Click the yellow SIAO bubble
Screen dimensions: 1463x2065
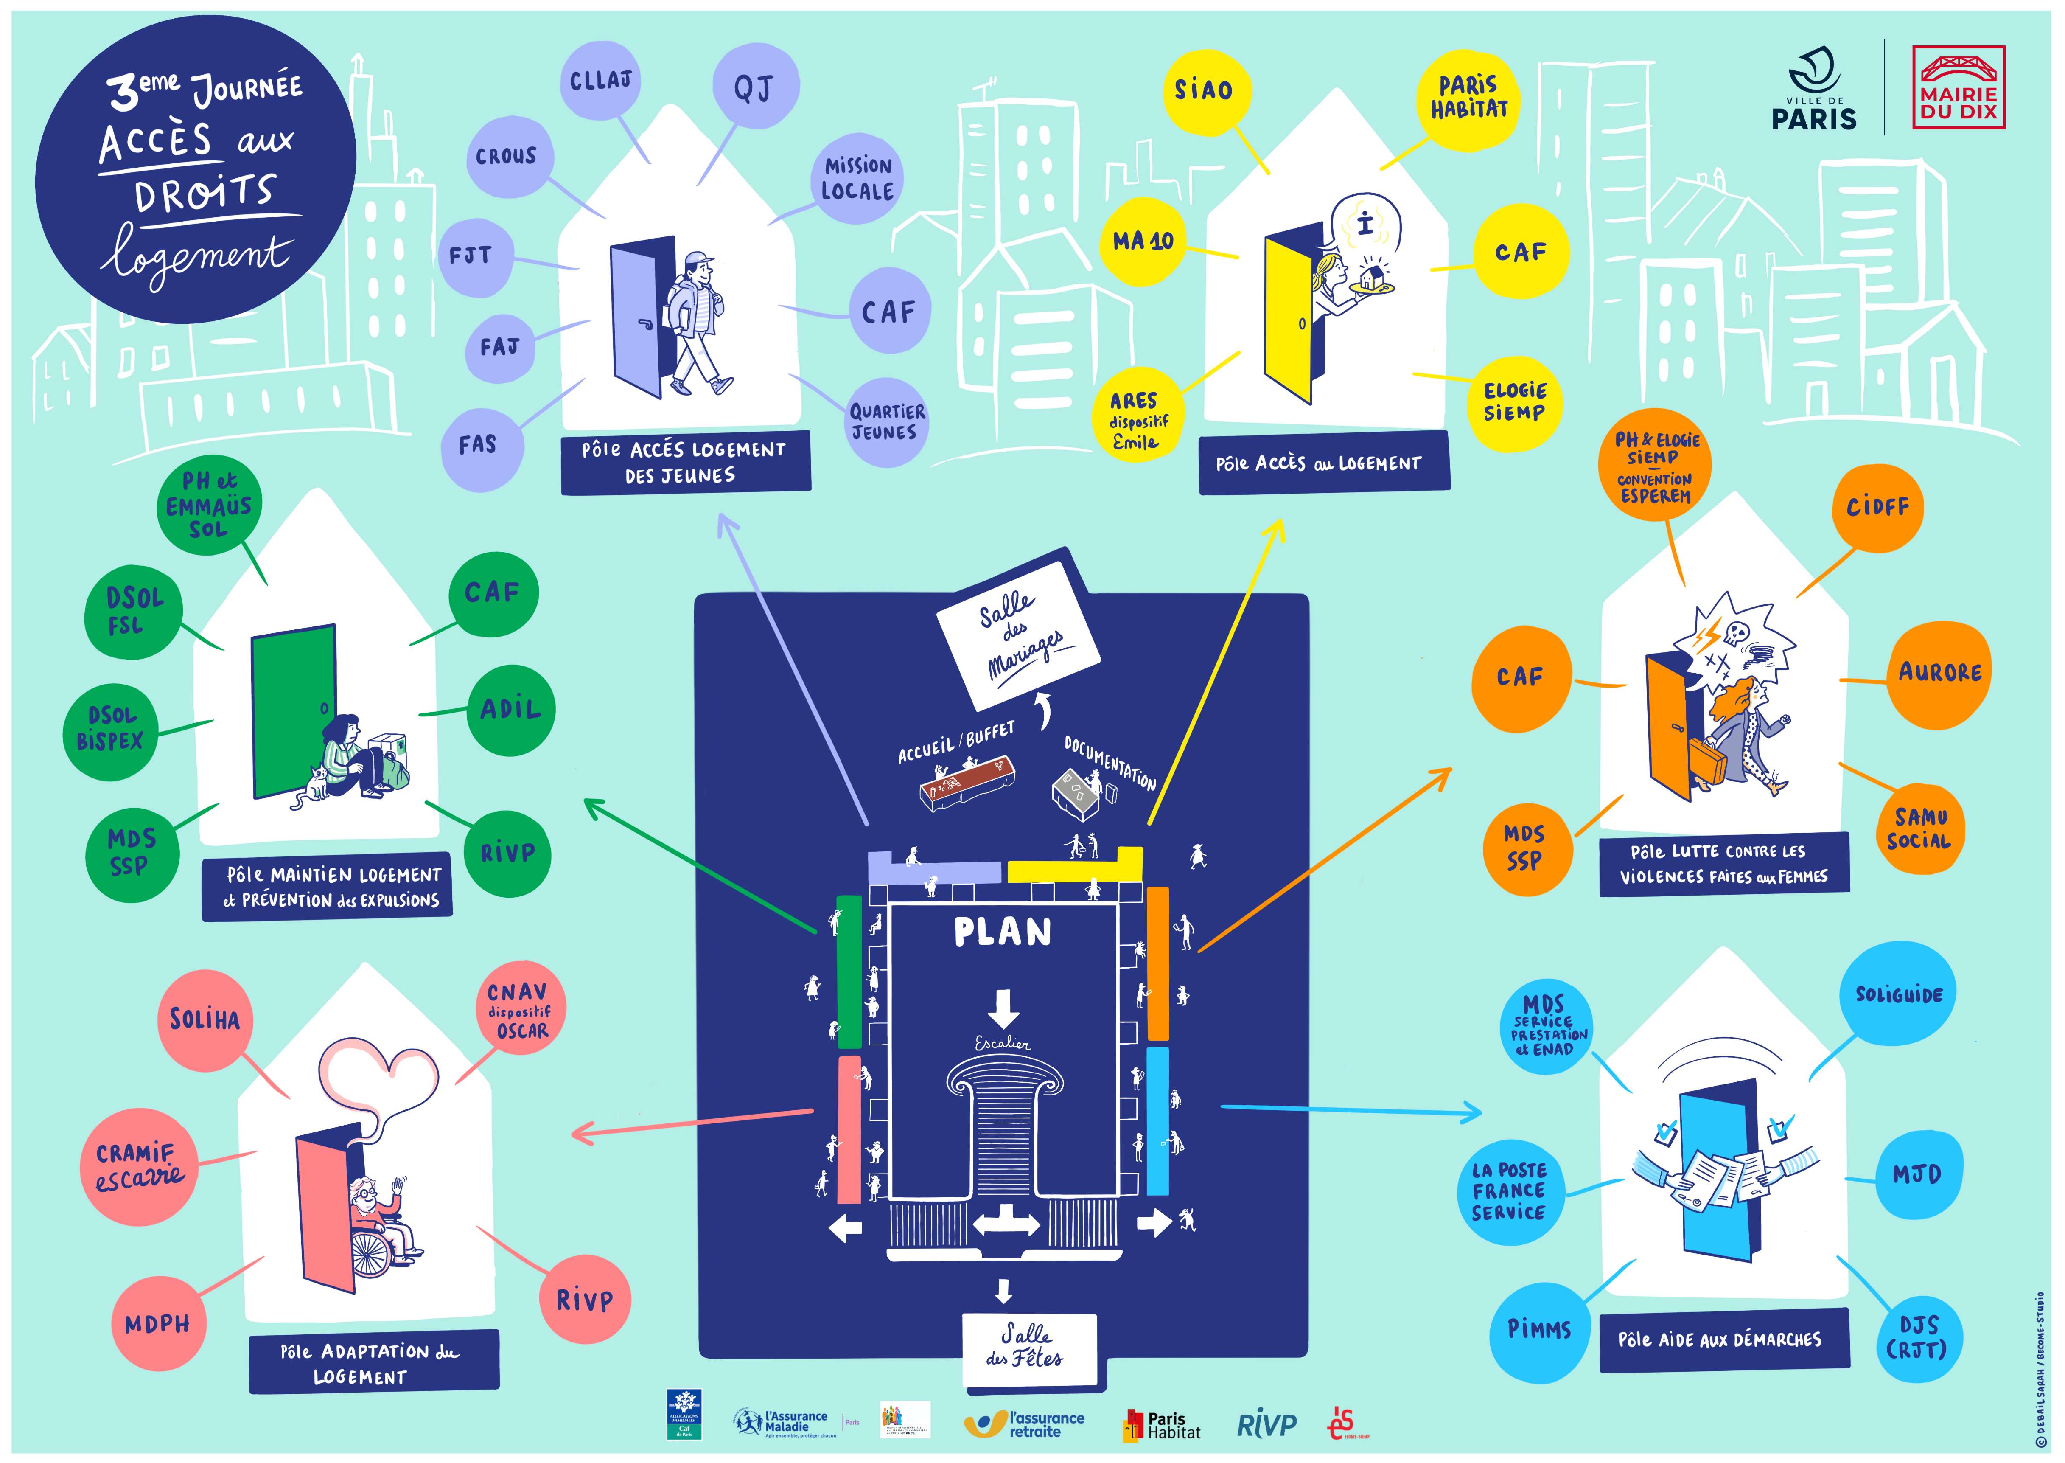click(x=1203, y=90)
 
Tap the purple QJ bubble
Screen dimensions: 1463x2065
click(x=754, y=87)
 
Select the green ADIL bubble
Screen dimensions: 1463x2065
click(x=510, y=710)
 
